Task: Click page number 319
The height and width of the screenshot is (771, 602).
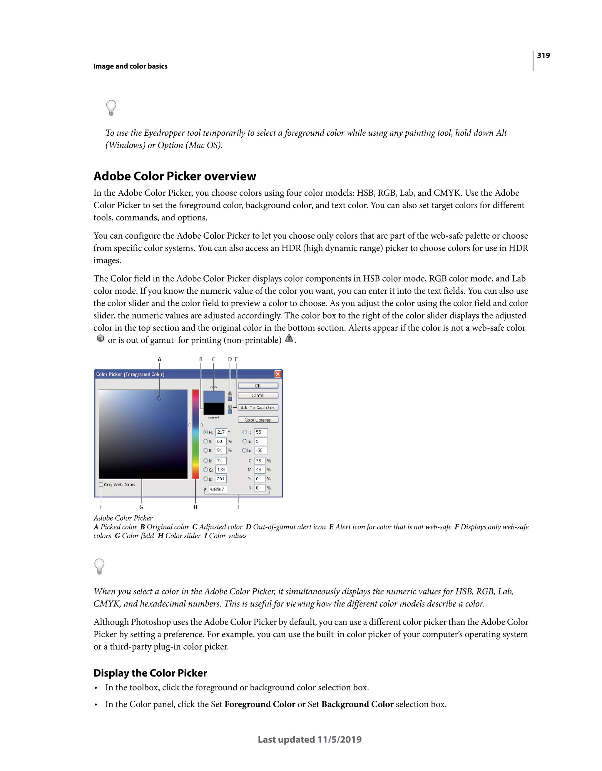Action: [543, 55]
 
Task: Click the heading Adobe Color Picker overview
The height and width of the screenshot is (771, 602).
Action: [175, 176]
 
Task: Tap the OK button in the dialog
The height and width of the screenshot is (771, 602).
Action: [258, 386]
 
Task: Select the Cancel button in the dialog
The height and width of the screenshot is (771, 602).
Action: [258, 396]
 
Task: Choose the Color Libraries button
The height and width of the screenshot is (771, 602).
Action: [258, 420]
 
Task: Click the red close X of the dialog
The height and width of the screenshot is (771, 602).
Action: [278, 374]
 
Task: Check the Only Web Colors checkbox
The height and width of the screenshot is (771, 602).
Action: [101, 484]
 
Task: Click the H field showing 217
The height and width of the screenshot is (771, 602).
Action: [221, 432]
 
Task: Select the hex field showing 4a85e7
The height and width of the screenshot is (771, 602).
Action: [217, 489]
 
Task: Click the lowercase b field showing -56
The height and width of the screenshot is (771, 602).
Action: [261, 451]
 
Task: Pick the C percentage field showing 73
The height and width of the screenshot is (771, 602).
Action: [259, 461]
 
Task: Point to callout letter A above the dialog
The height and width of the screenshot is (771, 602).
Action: [159, 359]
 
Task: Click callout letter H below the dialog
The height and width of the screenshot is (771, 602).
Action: [195, 507]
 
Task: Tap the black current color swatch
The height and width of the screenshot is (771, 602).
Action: [214, 408]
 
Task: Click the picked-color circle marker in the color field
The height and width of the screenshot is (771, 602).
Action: [159, 398]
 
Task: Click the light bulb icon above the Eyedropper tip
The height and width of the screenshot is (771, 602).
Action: [111, 108]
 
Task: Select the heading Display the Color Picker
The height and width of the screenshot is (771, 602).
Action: [150, 673]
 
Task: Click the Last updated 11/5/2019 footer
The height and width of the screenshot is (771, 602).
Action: [310, 739]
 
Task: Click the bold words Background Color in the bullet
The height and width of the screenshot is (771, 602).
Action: [357, 704]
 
